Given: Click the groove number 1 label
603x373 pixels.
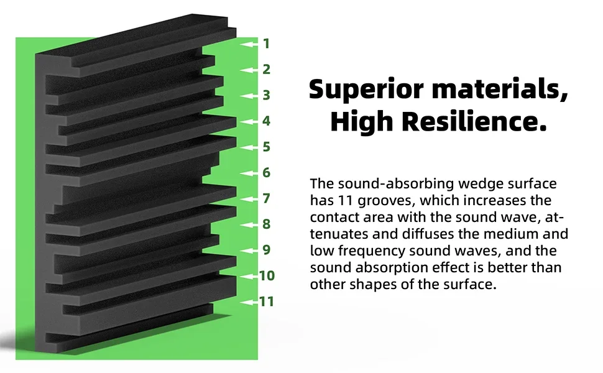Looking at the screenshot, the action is point(266,44).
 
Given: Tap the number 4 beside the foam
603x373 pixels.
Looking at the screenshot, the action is point(266,121).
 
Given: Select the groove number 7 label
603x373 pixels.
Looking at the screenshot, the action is point(266,198).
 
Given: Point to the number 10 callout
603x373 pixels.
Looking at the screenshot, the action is point(267,275).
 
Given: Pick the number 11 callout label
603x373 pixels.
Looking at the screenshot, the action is point(267,302).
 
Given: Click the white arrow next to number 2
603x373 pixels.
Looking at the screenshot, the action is point(250,70).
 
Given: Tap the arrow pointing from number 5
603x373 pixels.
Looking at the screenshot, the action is point(250,147).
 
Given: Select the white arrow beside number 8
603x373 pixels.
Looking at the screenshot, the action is point(250,224).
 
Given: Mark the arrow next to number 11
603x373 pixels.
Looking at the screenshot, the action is point(249,302).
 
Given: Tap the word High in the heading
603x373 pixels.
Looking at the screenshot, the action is point(361,122).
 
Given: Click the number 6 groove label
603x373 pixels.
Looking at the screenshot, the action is point(266,172).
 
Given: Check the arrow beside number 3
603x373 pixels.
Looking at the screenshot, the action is point(250,96).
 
